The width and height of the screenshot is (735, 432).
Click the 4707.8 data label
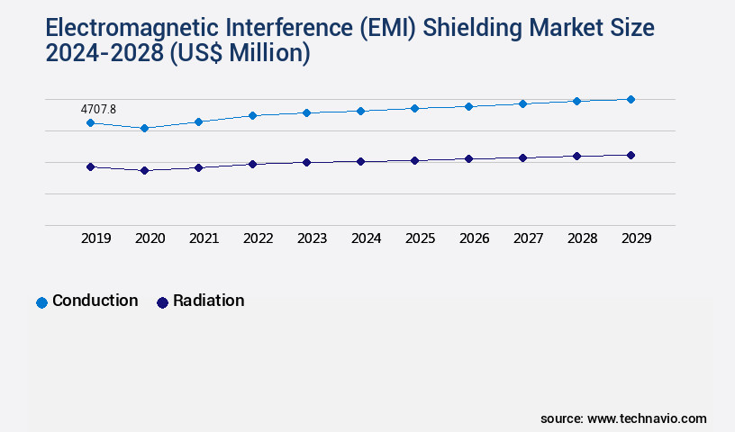[98, 109]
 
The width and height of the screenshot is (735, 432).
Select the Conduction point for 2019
[90, 122]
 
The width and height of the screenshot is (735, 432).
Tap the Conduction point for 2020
[144, 128]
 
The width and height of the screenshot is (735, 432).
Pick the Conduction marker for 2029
[631, 99]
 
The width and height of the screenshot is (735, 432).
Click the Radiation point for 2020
[144, 170]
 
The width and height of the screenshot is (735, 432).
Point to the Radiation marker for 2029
[631, 155]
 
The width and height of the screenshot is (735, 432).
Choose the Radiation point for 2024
[360, 161]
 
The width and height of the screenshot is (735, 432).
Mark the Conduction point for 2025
[414, 108]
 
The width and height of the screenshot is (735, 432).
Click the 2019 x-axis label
[96, 238]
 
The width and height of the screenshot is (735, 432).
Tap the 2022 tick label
[259, 238]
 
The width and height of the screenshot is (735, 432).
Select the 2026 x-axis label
[475, 238]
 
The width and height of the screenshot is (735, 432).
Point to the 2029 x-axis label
[636, 238]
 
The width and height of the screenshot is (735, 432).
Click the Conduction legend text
[95, 301]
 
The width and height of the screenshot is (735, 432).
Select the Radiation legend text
[208, 301]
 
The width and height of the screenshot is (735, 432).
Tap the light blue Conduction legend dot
[41, 302]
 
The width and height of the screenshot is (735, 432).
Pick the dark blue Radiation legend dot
[162, 302]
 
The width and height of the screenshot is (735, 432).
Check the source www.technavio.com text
[623, 418]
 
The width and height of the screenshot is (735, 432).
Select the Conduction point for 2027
[522, 103]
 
